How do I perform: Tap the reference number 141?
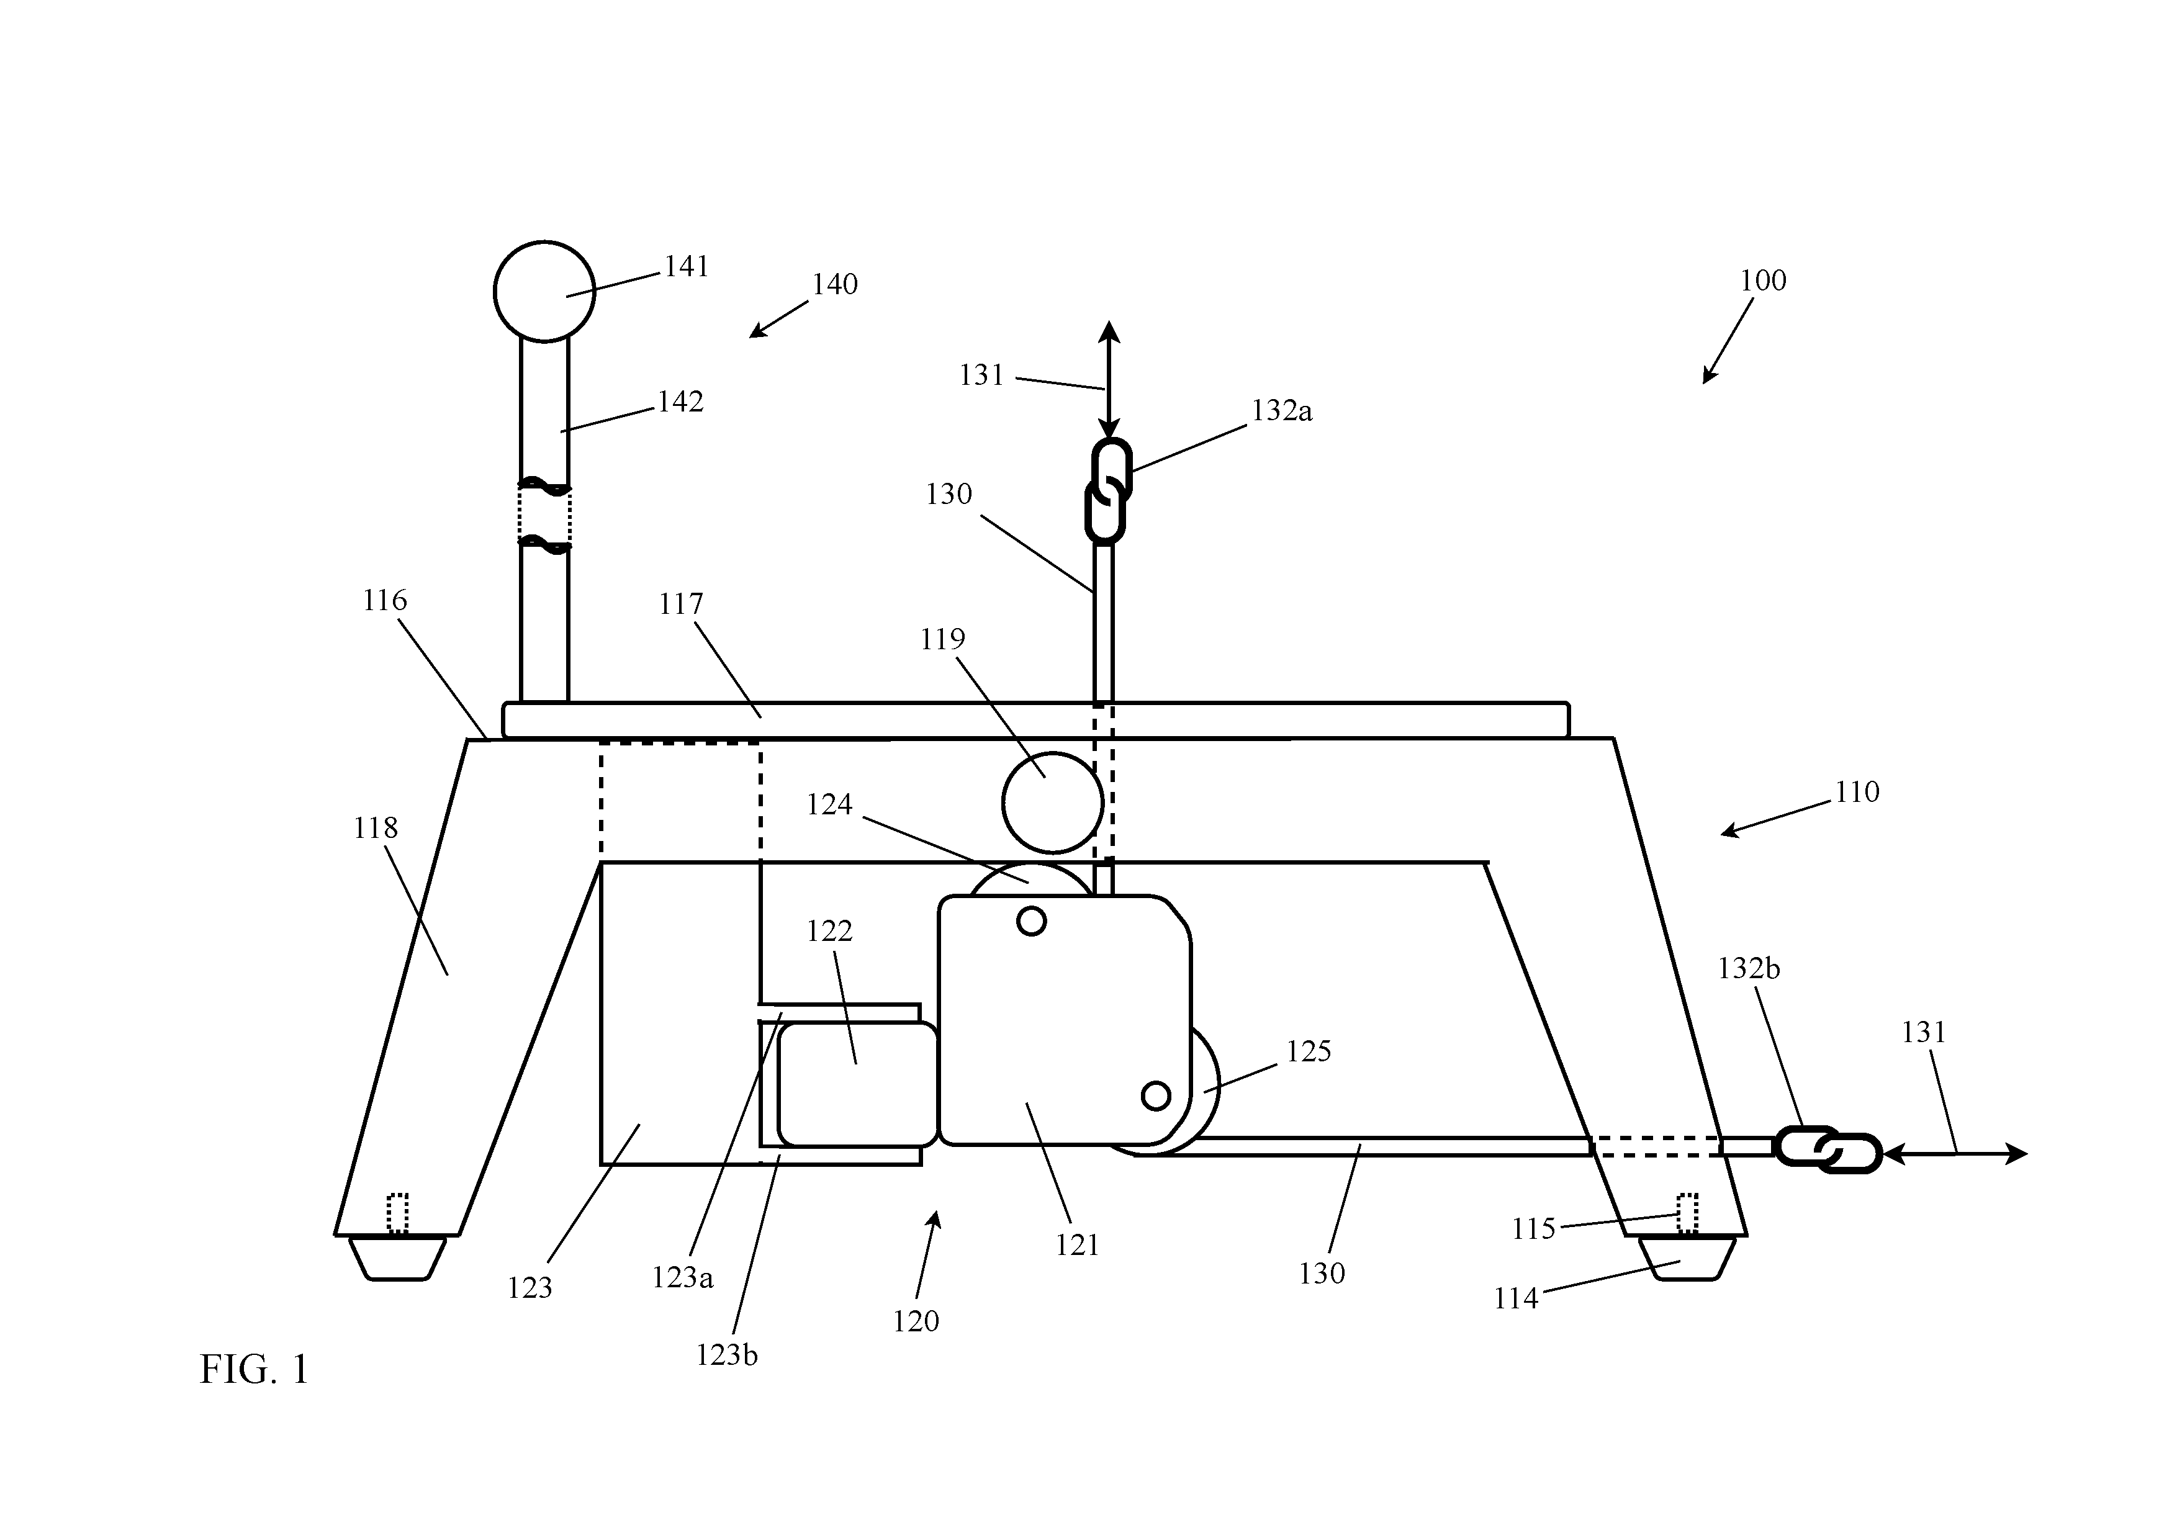pyautogui.click(x=687, y=268)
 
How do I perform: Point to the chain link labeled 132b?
pyautogui.click(x=1807, y=1146)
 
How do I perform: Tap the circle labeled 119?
pyautogui.click(x=1052, y=802)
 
